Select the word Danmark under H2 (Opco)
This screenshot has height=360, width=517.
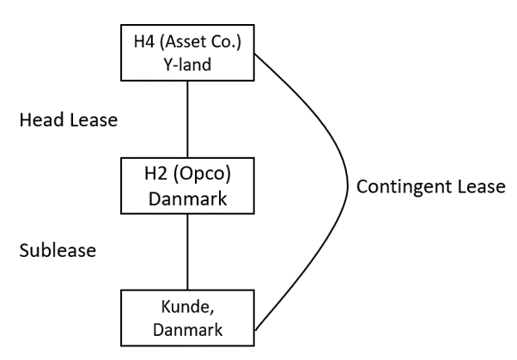pyautogui.click(x=186, y=198)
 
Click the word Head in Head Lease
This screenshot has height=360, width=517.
pyautogui.click(x=40, y=120)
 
